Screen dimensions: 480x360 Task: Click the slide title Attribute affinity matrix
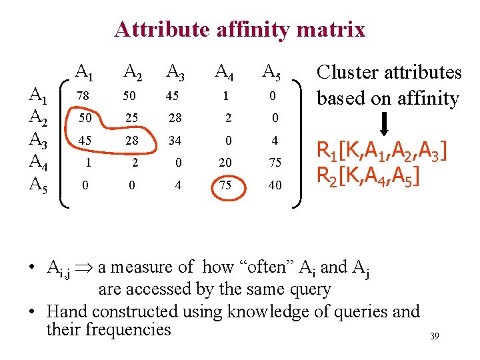pos(239,29)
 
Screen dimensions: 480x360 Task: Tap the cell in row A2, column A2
pos(131,118)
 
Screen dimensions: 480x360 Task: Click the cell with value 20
pos(225,163)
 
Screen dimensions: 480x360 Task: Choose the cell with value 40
pos(275,185)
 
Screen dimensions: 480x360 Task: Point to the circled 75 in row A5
pos(225,185)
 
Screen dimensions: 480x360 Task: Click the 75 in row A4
pos(275,163)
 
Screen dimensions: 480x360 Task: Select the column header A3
pos(176,71)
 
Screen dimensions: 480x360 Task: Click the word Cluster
pos(347,73)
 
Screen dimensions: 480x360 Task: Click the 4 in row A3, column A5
pos(275,141)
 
